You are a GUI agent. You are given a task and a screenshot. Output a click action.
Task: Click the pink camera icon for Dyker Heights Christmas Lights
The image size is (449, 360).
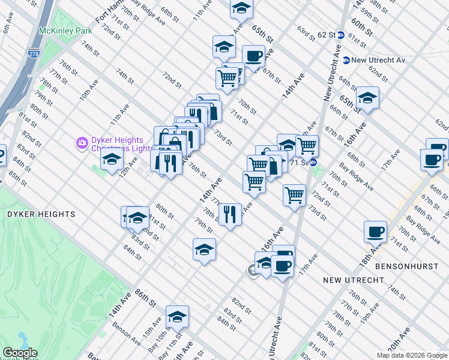pos(82,143)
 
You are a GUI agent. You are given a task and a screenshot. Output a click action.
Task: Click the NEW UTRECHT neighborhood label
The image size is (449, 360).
pos(352,280)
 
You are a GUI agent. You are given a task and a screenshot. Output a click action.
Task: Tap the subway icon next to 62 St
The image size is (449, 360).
pos(340,35)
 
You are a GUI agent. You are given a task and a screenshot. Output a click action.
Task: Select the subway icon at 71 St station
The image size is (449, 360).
pos(313,163)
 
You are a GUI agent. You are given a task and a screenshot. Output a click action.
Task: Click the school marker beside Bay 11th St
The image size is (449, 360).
pos(177,316)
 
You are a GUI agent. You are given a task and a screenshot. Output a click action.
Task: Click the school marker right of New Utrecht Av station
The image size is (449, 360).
pos(367,98)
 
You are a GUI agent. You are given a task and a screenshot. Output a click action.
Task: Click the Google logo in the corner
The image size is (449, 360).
pos(19,353)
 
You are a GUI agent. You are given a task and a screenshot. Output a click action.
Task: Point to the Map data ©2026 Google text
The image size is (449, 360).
pos(412,355)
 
